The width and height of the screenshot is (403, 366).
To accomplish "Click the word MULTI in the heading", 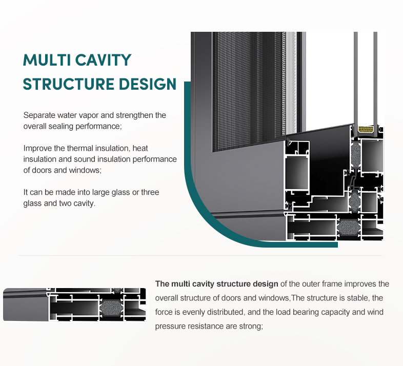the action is point(47,60).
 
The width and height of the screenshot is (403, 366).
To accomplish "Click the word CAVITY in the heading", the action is point(104,60).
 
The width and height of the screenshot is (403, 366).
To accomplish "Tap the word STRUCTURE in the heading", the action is point(68,84).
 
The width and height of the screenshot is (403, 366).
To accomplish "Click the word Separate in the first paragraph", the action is point(39,115).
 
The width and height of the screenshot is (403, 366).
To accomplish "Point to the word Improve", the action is point(37,148).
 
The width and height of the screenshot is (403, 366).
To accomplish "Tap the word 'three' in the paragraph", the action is point(150,192).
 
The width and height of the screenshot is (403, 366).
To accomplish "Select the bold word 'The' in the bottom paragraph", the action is point(162,284).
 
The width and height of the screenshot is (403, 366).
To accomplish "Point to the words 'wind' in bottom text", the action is point(375,312).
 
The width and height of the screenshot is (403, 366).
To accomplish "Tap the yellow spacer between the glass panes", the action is point(366,129).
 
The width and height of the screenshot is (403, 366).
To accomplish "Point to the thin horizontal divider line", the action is point(200,256).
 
